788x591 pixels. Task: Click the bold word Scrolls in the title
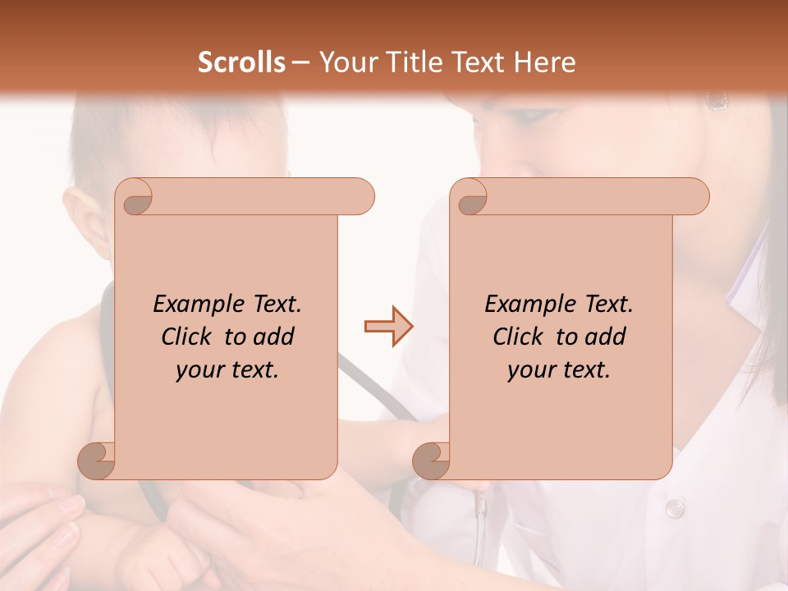(x=242, y=62)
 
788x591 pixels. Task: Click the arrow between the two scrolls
(x=388, y=327)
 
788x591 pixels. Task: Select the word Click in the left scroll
(x=190, y=337)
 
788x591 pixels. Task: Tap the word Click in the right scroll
(x=521, y=337)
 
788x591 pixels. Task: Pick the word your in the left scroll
(x=199, y=370)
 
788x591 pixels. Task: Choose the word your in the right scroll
(x=531, y=370)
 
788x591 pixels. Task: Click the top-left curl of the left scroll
(x=136, y=198)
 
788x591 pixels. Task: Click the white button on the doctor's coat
(x=675, y=508)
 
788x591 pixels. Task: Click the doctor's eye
(x=717, y=101)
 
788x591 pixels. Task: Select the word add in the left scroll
(x=274, y=337)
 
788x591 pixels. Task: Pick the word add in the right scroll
(x=606, y=337)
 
